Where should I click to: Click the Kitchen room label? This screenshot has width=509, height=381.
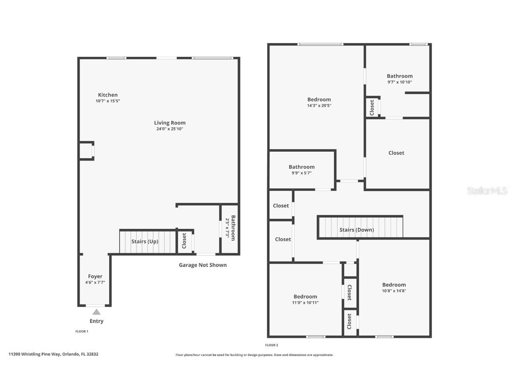pos(108,95)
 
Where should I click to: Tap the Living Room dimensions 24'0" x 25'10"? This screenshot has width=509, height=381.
pos(170,129)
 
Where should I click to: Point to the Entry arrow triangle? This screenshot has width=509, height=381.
pos(96,312)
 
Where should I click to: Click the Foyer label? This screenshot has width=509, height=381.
pos(95,276)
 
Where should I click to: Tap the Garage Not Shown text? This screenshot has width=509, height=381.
pos(202,265)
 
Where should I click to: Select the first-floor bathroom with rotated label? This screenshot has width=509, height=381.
pos(230,228)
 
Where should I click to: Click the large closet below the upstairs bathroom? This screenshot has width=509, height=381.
pos(396,153)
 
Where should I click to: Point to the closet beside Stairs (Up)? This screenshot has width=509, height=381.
pos(185,241)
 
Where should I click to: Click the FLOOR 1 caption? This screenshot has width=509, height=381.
pos(82,331)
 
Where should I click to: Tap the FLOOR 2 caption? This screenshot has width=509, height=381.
pos(272,345)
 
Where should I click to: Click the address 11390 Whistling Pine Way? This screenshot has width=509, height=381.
pos(53,354)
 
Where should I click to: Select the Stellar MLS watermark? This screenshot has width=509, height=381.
pos(486,190)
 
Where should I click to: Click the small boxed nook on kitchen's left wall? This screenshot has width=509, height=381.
pos(86,151)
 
